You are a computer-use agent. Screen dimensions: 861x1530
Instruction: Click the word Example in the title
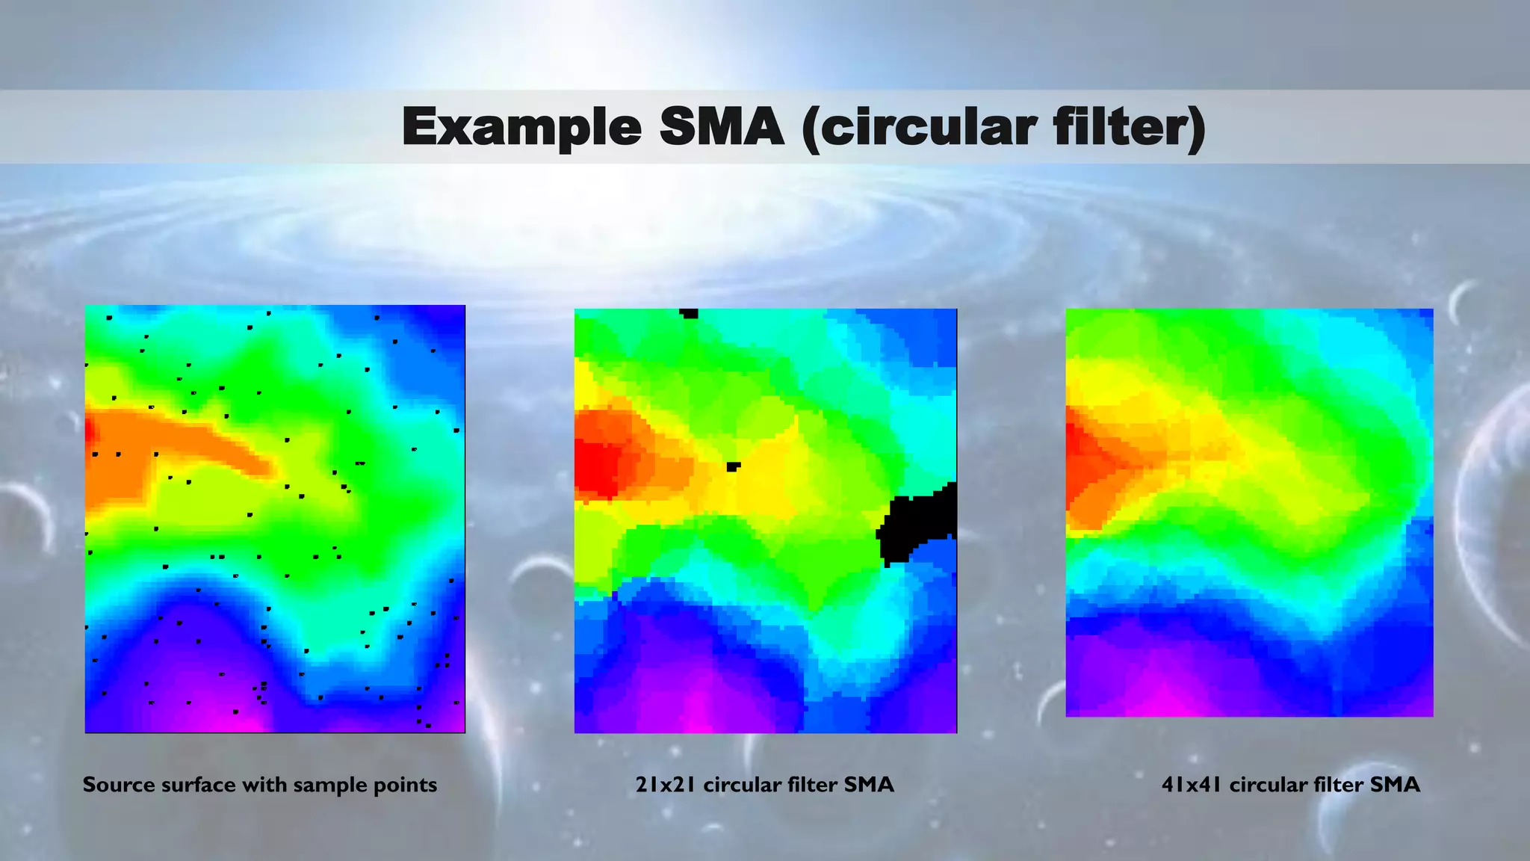[x=521, y=127]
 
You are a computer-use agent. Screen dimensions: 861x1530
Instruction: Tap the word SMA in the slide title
[x=722, y=127]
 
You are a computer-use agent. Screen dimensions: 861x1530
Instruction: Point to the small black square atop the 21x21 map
[x=689, y=314]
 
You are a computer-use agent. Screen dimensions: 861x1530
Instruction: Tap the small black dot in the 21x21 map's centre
[x=734, y=466]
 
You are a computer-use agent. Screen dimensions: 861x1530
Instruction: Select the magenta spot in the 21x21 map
[x=695, y=714]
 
